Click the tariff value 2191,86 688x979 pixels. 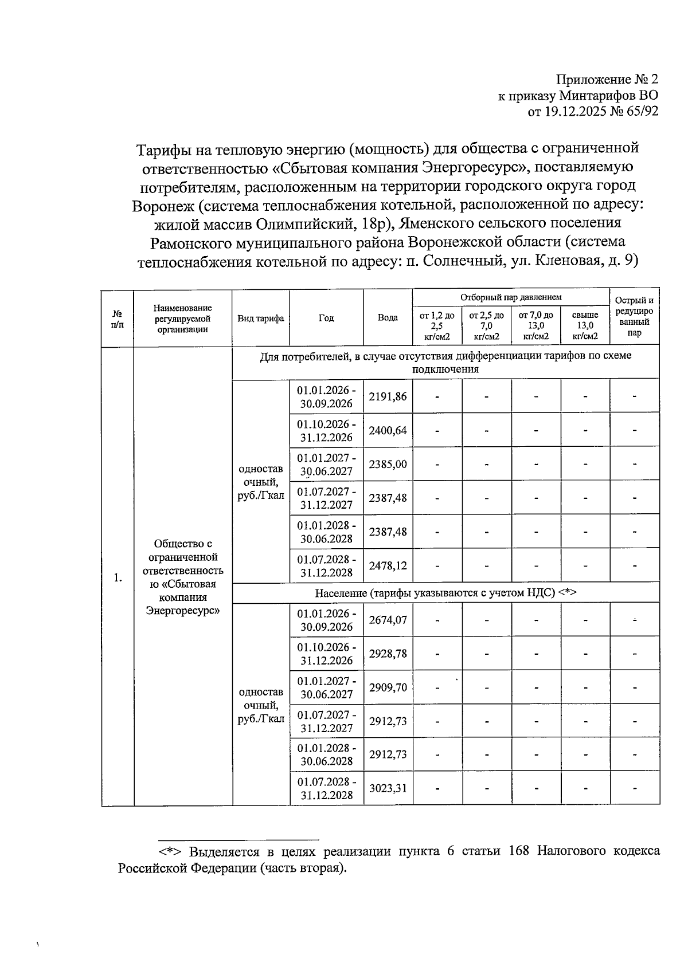tap(388, 396)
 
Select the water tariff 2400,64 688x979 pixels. tap(388, 430)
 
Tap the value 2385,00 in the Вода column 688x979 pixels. tap(388, 464)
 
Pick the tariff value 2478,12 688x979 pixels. tap(388, 565)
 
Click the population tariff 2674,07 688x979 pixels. tap(388, 619)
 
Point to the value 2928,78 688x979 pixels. tap(388, 653)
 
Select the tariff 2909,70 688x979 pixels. tap(388, 687)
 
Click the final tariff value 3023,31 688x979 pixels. tap(388, 788)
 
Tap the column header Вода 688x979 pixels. tap(388, 318)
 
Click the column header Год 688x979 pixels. tap(326, 318)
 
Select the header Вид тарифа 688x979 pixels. tap(261, 318)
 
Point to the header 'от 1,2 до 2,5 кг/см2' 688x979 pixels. tap(437, 325)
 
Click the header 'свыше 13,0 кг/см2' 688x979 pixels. tap(585, 325)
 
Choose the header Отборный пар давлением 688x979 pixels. tap(510, 297)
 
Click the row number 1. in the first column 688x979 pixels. tap(118, 577)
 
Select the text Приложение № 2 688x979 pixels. tap(607, 80)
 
